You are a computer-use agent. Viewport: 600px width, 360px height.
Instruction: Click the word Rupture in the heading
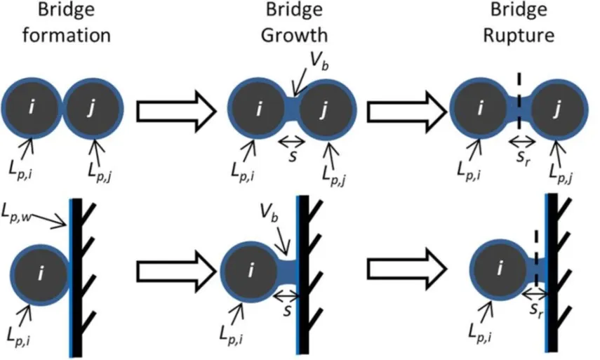pyautogui.click(x=519, y=35)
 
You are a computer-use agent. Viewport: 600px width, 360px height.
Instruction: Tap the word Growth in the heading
pyautogui.click(x=294, y=35)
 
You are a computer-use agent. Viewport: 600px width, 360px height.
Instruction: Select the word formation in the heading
pyautogui.click(x=67, y=35)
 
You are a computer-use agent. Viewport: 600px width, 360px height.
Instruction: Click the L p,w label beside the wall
pyautogui.click(x=16, y=213)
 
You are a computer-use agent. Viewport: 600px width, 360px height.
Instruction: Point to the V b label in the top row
pyautogui.click(x=319, y=61)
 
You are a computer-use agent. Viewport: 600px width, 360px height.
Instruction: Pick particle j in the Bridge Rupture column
pyautogui.click(x=557, y=109)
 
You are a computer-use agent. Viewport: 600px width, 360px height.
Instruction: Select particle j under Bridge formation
pyautogui.click(x=92, y=107)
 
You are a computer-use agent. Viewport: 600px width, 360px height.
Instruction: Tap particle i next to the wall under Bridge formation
pyautogui.click(x=40, y=273)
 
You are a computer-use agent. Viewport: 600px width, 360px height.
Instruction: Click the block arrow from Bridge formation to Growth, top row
pyautogui.click(x=176, y=111)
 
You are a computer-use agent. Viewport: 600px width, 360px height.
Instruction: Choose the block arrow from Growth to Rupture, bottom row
pyautogui.click(x=406, y=269)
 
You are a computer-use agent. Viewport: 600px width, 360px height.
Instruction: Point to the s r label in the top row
pyautogui.click(x=524, y=156)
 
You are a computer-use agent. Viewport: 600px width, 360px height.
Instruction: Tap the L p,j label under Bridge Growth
pyautogui.click(x=333, y=175)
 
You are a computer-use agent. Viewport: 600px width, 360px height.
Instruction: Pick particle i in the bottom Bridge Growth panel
pyautogui.click(x=251, y=271)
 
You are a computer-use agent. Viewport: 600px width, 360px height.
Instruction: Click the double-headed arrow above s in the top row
pyautogui.click(x=292, y=142)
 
